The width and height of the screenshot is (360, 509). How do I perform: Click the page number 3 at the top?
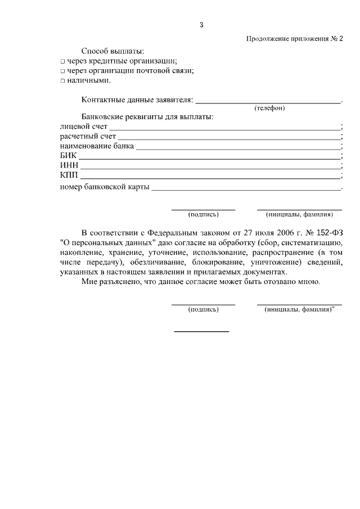click(x=201, y=25)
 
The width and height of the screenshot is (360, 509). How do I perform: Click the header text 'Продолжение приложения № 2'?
click(x=294, y=39)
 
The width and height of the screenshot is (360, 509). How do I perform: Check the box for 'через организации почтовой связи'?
click(x=63, y=71)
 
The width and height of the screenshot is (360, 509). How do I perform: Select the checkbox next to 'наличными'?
click(x=63, y=81)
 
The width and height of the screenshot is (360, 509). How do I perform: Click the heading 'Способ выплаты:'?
click(x=112, y=51)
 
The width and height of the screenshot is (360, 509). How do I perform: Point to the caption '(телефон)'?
click(x=269, y=109)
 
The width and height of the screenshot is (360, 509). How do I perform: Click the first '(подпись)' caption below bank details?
click(x=203, y=214)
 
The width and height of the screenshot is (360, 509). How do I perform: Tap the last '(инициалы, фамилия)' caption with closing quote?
click(x=299, y=310)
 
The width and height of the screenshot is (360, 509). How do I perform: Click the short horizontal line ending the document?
click(x=201, y=331)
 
